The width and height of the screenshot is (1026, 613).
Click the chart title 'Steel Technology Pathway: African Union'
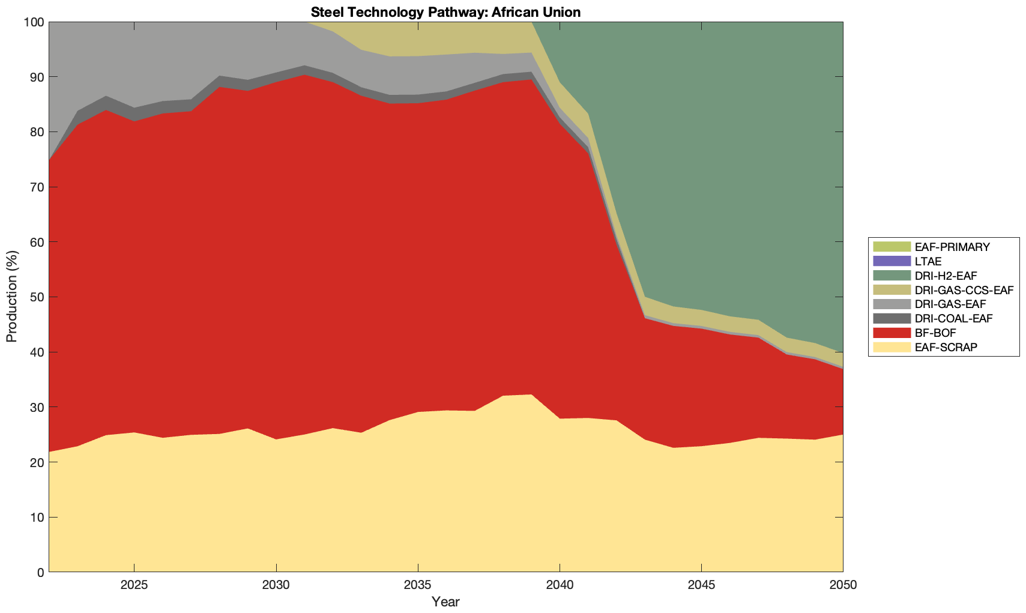tap(445, 12)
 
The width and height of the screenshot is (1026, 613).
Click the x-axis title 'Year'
tap(445, 602)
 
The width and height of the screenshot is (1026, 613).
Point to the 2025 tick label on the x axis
tap(134, 585)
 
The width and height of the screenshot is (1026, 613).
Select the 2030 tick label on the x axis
tap(276, 585)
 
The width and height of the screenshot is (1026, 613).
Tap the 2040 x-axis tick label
tap(560, 585)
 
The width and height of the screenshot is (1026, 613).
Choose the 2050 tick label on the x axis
tap(843, 585)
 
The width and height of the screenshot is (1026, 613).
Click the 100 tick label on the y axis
tap(34, 22)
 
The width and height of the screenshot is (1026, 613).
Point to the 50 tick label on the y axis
tap(37, 297)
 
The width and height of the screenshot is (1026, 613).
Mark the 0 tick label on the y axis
tap(40, 572)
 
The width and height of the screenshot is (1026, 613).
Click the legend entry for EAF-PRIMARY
tap(952, 247)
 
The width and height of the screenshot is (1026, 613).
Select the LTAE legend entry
tap(928, 261)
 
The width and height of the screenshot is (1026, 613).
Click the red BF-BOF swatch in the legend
tap(891, 333)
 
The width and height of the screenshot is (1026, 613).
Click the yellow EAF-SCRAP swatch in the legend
tap(891, 347)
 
